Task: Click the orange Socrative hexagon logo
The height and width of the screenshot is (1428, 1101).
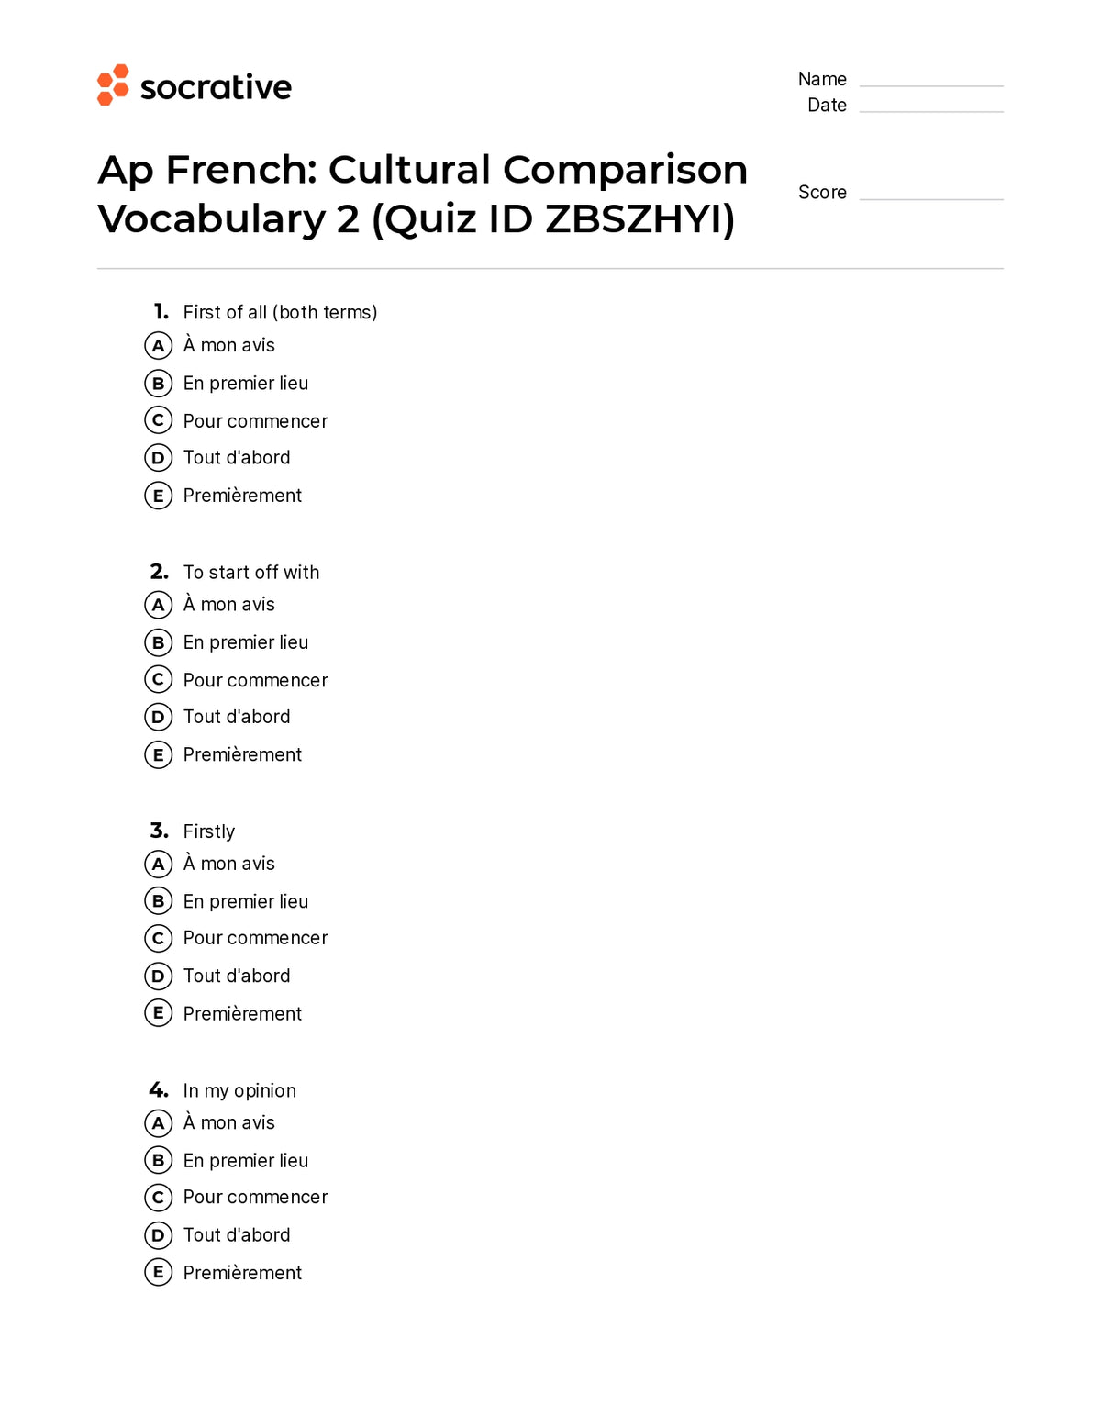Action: click(x=113, y=85)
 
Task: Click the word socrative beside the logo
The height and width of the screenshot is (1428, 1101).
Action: click(x=216, y=87)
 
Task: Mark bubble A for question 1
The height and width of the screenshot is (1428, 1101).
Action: click(x=158, y=346)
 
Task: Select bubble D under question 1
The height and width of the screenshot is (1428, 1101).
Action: click(x=158, y=458)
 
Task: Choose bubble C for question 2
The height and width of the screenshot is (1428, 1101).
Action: click(x=158, y=680)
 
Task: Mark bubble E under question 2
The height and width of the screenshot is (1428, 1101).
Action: click(x=158, y=755)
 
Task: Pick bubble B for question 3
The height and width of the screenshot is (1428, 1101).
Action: click(x=158, y=901)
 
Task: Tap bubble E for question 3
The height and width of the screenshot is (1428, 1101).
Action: click(x=158, y=1013)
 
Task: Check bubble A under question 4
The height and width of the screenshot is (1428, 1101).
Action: click(x=158, y=1123)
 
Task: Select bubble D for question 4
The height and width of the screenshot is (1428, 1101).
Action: click(x=158, y=1235)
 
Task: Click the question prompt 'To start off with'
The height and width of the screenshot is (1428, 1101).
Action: click(x=251, y=573)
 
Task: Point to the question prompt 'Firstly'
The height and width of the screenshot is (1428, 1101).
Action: click(x=209, y=831)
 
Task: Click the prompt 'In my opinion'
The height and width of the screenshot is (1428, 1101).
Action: click(x=239, y=1091)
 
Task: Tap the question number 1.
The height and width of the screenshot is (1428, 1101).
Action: click(x=161, y=312)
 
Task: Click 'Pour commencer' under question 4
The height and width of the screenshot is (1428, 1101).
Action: click(x=255, y=1198)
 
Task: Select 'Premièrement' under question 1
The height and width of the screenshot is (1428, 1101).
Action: click(x=242, y=496)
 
